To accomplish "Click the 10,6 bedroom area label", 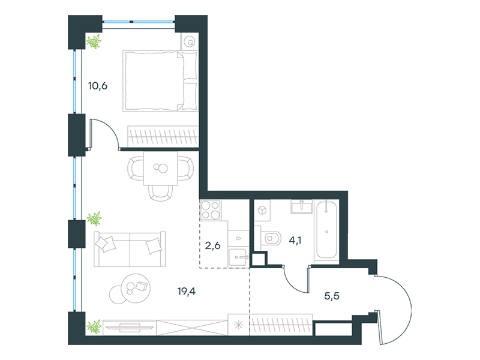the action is coord(98,86).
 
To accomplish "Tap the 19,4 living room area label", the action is coord(186,291).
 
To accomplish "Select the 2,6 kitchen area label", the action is coord(212,245).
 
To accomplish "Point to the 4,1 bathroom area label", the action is coord(295,241).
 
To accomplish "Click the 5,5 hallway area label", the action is coord(332,296).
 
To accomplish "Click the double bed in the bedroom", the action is coord(160,81).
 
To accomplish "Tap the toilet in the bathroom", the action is coord(271,238).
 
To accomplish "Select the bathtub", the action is coord(326,230).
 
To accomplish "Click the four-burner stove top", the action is coord(211,210).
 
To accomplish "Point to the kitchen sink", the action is coord(238,257).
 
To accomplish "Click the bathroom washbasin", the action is coord(302,206).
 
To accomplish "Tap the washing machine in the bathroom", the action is coord(262,211).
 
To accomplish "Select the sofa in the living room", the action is coord(130,249).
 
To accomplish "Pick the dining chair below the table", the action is coord(160,193).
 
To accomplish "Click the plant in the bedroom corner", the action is coord(94,41).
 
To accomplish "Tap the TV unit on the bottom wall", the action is coord(130,328).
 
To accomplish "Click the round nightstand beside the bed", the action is coord(190,41).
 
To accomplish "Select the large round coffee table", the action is coord(136,288).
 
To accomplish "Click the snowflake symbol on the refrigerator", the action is coord(238,325).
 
